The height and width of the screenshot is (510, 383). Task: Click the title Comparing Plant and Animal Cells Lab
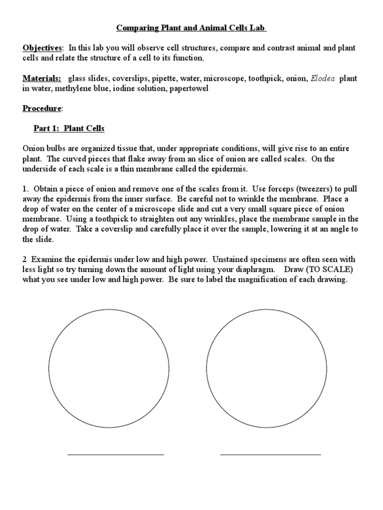tap(191, 28)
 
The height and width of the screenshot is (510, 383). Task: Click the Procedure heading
tap(43, 108)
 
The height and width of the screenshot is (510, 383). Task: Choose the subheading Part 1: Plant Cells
tap(69, 128)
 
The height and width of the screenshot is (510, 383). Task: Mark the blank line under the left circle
tap(115, 454)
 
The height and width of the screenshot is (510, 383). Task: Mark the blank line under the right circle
tap(270, 454)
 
